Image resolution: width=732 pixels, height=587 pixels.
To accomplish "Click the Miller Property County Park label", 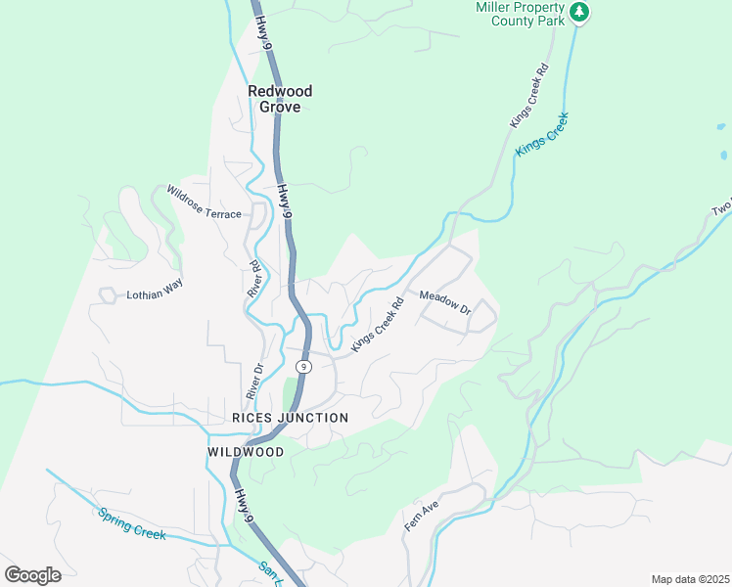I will click(x=522, y=13).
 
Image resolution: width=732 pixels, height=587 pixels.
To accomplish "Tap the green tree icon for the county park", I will click(x=580, y=12).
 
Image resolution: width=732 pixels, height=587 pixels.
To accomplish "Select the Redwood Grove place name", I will click(x=280, y=99).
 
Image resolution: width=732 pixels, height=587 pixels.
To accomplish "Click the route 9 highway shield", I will click(x=305, y=366).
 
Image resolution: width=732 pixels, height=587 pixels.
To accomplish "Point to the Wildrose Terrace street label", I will click(x=204, y=202).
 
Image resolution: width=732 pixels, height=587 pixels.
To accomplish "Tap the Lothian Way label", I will click(x=155, y=293).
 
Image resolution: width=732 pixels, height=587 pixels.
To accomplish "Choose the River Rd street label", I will click(x=255, y=279).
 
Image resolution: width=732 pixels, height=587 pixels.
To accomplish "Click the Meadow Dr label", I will click(x=445, y=303).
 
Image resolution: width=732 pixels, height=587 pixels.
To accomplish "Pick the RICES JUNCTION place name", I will click(x=290, y=418).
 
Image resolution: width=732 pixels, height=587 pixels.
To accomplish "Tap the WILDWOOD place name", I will click(x=246, y=452).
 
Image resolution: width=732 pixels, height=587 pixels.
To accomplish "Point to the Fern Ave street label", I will click(x=421, y=515).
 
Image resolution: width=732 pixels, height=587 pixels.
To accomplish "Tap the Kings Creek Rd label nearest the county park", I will click(x=529, y=97).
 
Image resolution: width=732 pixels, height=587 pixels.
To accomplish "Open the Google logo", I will click(x=32, y=575).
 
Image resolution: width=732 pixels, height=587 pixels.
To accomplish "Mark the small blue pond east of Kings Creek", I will click(x=723, y=155).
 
